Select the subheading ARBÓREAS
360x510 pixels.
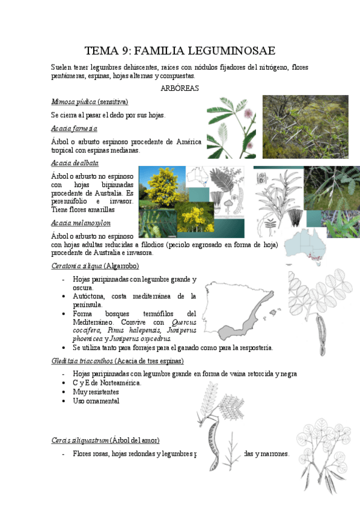point(180,88)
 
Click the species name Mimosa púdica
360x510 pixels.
point(74,102)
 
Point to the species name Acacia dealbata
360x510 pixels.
point(75,163)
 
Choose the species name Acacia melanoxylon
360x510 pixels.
point(81,223)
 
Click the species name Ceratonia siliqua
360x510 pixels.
point(77,265)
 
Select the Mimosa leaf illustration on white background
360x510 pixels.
point(231,127)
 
